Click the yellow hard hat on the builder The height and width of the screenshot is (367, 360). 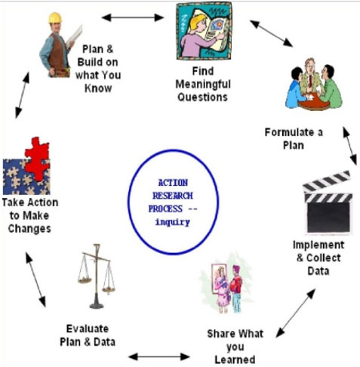coord(55,18)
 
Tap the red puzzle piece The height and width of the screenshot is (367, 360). coord(38,159)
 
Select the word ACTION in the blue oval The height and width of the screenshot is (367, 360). coord(173,183)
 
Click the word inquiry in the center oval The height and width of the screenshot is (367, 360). coord(173,222)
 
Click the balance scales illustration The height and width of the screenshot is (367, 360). coord(97,276)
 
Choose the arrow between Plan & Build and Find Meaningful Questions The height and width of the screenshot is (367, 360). coord(133,17)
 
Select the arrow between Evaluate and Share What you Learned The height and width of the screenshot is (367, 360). coord(159,356)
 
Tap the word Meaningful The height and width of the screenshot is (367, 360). coord(203,85)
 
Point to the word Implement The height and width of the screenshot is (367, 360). coord(318,245)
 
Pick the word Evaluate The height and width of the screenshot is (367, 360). coord(88,328)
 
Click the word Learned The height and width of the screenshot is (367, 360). coord(235,359)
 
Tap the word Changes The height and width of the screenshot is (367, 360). coord(29,229)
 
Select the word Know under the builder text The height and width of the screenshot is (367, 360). coord(98,88)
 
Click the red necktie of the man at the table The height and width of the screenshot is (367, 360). coord(310,80)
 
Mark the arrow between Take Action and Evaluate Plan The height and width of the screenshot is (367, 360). coord(36,279)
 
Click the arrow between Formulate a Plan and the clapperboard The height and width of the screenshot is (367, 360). coord(349,146)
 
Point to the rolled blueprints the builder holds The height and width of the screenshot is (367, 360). coord(74,36)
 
